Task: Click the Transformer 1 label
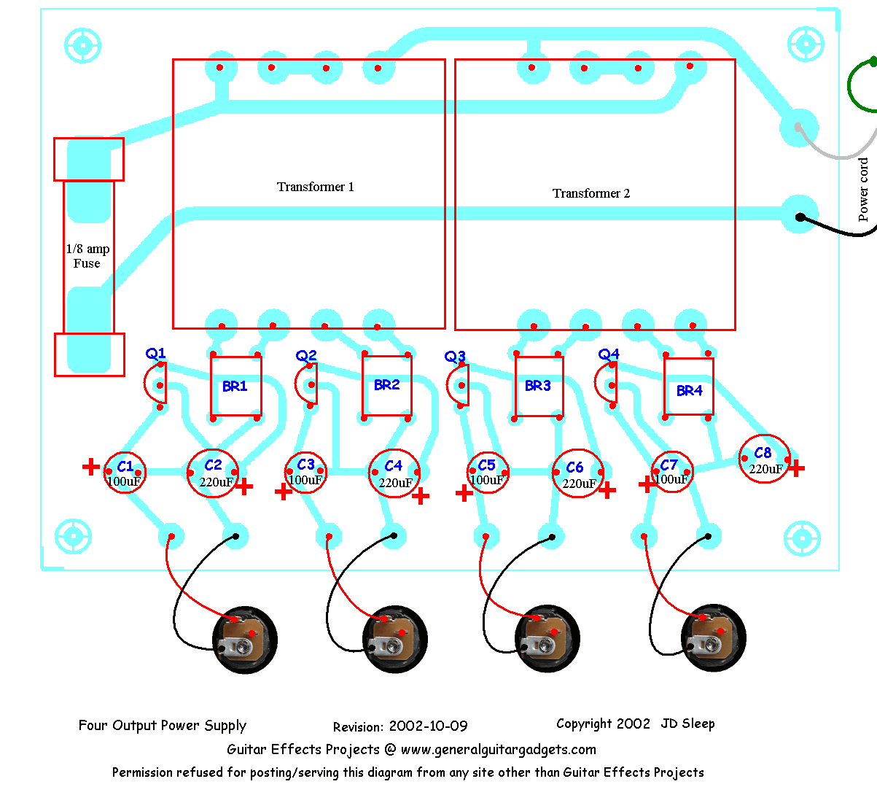pyautogui.click(x=315, y=187)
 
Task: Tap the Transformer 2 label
pyautogui.click(x=590, y=193)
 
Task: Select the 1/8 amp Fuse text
pyautogui.click(x=87, y=256)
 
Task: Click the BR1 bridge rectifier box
pyautogui.click(x=235, y=386)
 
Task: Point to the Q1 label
pyautogui.click(x=156, y=354)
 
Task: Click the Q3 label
pyautogui.click(x=455, y=357)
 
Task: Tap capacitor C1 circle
pyautogui.click(x=125, y=473)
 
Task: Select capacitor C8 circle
pyautogui.click(x=763, y=459)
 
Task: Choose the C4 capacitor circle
pyautogui.click(x=394, y=473)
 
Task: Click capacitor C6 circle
pyautogui.click(x=577, y=475)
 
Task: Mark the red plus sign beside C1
pyautogui.click(x=90, y=467)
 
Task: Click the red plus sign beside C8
pyautogui.click(x=796, y=468)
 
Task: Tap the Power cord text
pyautogui.click(x=864, y=190)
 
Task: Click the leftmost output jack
pyautogui.click(x=245, y=639)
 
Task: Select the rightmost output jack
pyautogui.click(x=714, y=637)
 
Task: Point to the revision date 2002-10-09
pyautogui.click(x=428, y=726)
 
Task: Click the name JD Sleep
pyautogui.click(x=687, y=724)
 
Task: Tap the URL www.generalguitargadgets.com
pyautogui.click(x=499, y=750)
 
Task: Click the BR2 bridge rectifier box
pyautogui.click(x=387, y=385)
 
